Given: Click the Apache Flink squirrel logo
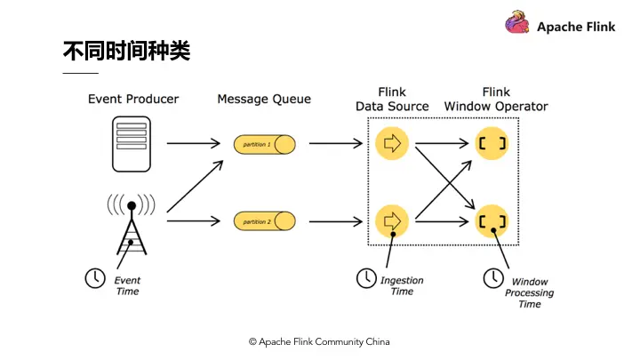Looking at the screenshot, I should pyautogui.click(x=518, y=24).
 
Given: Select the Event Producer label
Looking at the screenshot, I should pyautogui.click(x=133, y=99).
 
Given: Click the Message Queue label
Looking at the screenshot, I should pyautogui.click(x=264, y=99).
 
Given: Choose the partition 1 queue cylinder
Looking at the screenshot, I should pyautogui.click(x=265, y=144).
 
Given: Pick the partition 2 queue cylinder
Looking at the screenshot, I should pyautogui.click(x=265, y=220).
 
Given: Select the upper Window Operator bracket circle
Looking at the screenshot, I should pyautogui.click(x=491, y=143).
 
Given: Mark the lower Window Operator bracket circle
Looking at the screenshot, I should pyautogui.click(x=491, y=220).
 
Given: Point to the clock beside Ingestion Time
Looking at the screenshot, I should pyautogui.click(x=365, y=278).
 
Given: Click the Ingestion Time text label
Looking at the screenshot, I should pyautogui.click(x=402, y=285).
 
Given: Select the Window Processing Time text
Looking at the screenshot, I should pyautogui.click(x=529, y=292).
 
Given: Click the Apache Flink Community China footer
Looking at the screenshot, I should pyautogui.click(x=318, y=341).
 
